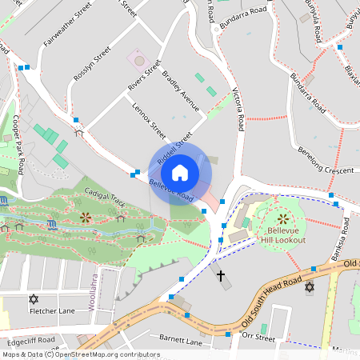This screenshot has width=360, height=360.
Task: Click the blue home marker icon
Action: (x=180, y=172)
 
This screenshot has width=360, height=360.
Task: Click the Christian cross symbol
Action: (x=221, y=276)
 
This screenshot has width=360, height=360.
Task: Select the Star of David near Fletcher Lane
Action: (x=33, y=299)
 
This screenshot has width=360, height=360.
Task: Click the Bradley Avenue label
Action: (x=180, y=90)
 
